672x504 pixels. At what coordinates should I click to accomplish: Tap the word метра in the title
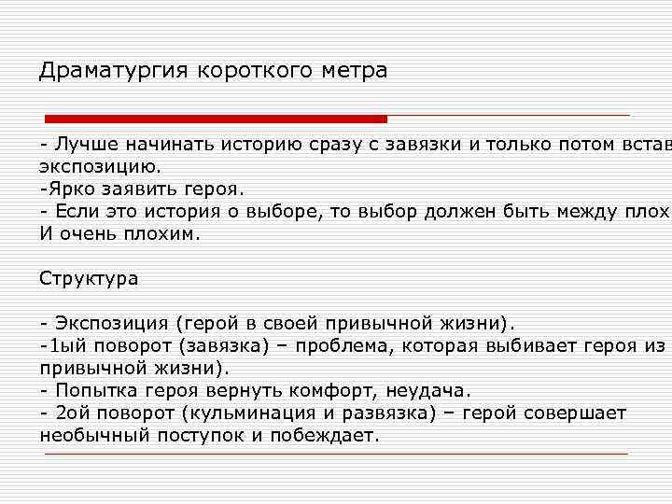click(354, 71)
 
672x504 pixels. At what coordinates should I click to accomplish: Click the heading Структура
click(89, 278)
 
